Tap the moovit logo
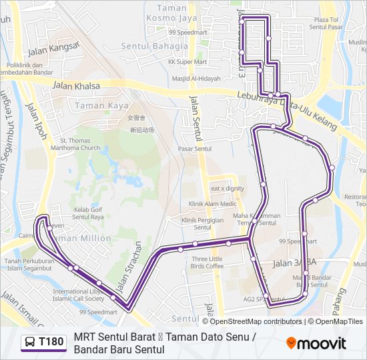(x=316, y=343)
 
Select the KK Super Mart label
(x=185, y=62)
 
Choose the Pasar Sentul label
(x=195, y=149)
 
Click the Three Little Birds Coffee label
(x=207, y=263)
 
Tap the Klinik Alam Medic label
(x=212, y=204)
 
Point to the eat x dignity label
(x=227, y=189)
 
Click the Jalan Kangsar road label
(x=53, y=49)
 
